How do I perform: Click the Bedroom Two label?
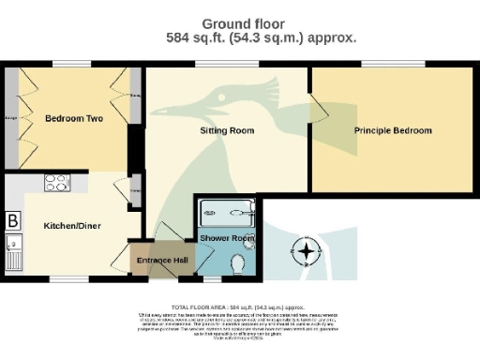click(x=73, y=119)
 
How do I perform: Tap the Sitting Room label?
click(x=227, y=131)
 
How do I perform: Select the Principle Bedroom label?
click(x=393, y=130)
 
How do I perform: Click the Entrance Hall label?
click(x=163, y=260)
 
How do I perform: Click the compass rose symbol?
click(x=306, y=251)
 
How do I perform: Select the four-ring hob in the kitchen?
click(x=56, y=184)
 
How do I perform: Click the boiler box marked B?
click(x=13, y=221)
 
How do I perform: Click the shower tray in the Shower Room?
click(x=225, y=214)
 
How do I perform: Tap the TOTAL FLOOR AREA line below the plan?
click(x=239, y=307)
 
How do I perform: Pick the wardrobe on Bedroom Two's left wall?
click(x=10, y=118)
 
